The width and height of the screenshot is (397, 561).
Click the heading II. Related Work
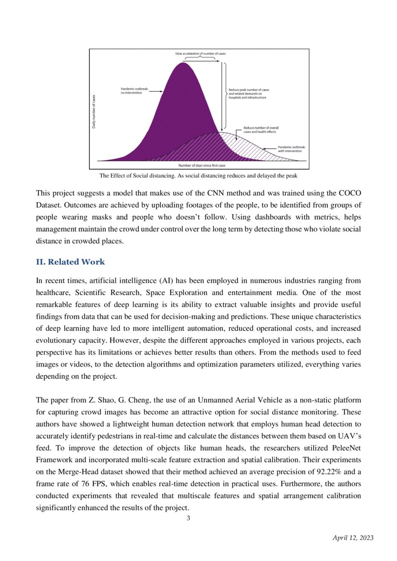click(x=70, y=262)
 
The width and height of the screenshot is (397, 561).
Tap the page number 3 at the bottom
click(x=189, y=518)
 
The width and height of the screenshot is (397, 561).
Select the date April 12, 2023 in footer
click(x=353, y=538)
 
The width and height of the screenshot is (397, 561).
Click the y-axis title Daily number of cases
click(x=95, y=111)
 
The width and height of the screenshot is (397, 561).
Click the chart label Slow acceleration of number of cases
click(x=200, y=54)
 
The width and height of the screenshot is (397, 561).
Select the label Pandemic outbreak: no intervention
click(x=135, y=91)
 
